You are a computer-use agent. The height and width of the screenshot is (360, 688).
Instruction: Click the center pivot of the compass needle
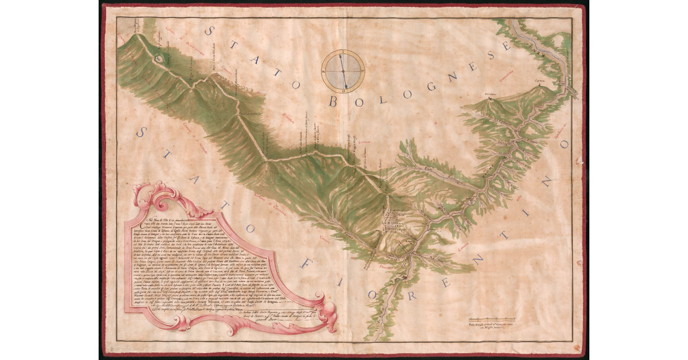(343, 71)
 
